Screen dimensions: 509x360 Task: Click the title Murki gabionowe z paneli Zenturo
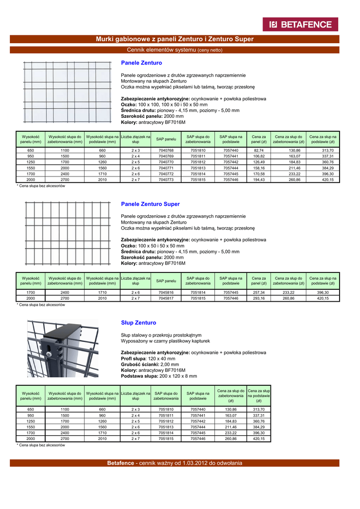(175, 39)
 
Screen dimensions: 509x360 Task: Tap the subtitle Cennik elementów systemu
(175, 50)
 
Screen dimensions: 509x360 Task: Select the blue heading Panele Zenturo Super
(151, 204)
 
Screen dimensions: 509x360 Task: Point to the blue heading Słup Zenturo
(139, 323)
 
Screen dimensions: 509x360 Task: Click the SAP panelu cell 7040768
(166, 150)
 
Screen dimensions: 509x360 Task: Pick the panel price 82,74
(259, 150)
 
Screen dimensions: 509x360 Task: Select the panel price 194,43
(259, 179)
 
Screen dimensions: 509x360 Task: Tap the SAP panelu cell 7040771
(166, 168)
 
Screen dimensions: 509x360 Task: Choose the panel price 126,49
(259, 162)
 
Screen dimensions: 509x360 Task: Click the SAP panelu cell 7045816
(166, 293)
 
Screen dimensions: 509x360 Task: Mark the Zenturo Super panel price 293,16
(259, 299)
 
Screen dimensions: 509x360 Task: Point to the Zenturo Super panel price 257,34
(259, 293)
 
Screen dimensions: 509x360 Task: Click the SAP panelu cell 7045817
(166, 299)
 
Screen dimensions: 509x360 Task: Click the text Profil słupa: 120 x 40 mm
(148, 358)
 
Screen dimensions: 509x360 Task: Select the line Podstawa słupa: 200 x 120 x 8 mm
(159, 376)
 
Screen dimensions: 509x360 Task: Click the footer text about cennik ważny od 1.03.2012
(175, 463)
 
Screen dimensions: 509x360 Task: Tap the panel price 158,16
(259, 168)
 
